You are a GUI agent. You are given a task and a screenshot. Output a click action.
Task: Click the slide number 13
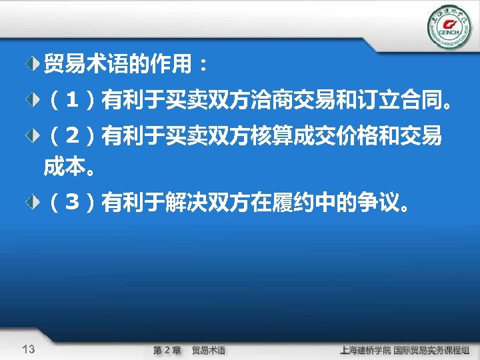click(x=29, y=349)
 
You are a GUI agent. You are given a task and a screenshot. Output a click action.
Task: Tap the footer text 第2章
click(x=167, y=350)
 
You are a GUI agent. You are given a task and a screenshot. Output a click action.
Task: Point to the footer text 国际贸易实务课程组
click(x=432, y=350)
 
